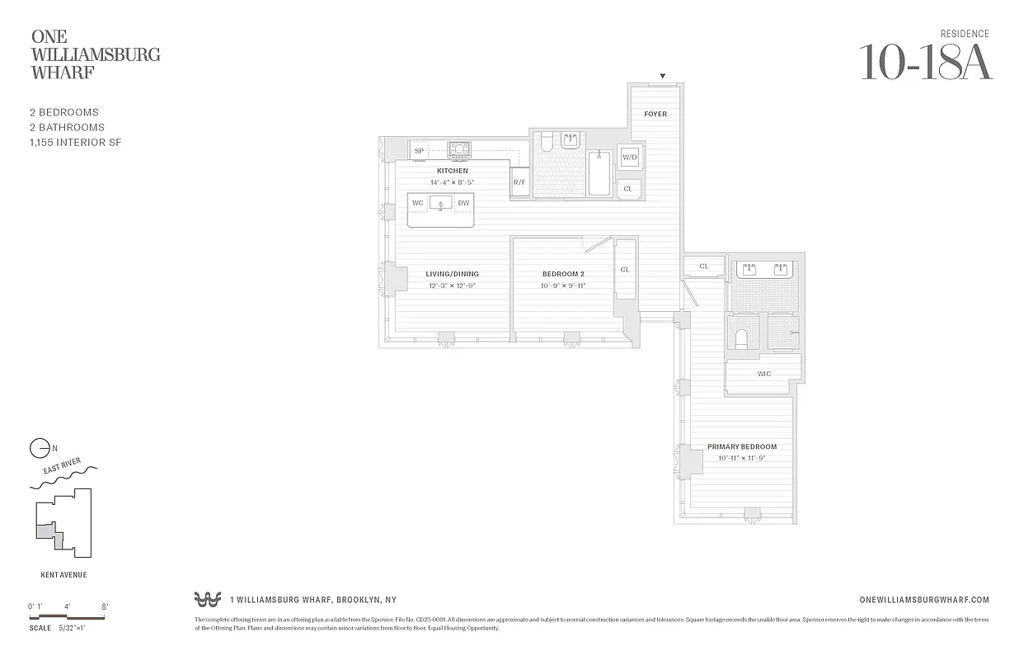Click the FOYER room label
tap(655, 114)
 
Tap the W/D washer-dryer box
tap(630, 157)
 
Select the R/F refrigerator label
tap(519, 181)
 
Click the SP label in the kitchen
tap(419, 151)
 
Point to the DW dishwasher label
tap(463, 203)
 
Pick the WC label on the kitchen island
tap(418, 203)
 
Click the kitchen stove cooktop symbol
tap(459, 149)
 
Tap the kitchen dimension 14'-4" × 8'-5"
tap(452, 181)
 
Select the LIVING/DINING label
tap(452, 274)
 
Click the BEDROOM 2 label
tap(563, 274)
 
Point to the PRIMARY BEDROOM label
tap(742, 447)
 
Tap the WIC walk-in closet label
tap(764, 374)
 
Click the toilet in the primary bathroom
tap(740, 338)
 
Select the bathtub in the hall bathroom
tap(599, 172)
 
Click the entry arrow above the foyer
tap(661, 77)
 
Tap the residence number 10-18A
tap(926, 62)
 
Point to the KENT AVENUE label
tap(63, 575)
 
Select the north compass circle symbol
tap(39, 449)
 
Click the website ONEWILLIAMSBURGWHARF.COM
tap(923, 601)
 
